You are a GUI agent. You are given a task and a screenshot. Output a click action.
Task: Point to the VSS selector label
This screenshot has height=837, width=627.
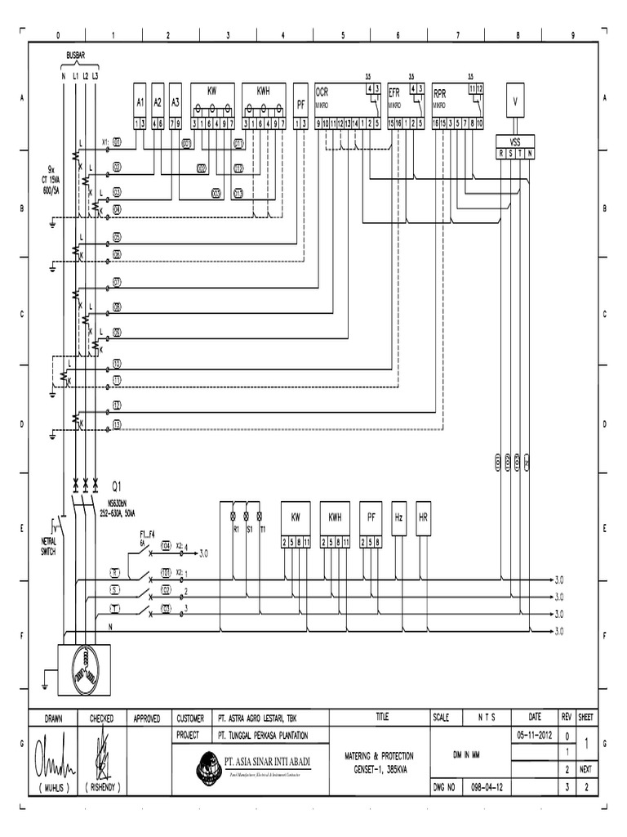(x=515, y=140)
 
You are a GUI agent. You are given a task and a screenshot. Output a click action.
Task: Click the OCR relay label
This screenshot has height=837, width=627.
(x=322, y=94)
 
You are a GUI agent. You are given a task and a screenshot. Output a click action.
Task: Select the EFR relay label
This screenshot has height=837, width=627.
(x=394, y=94)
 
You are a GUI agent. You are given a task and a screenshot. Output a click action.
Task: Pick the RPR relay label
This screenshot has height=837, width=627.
(x=440, y=94)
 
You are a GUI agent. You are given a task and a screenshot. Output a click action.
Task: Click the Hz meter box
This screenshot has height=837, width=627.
(x=398, y=518)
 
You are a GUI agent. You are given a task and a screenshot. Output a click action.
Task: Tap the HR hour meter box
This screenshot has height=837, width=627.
(x=423, y=518)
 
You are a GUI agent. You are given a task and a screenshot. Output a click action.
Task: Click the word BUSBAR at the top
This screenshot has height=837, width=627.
(x=78, y=58)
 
